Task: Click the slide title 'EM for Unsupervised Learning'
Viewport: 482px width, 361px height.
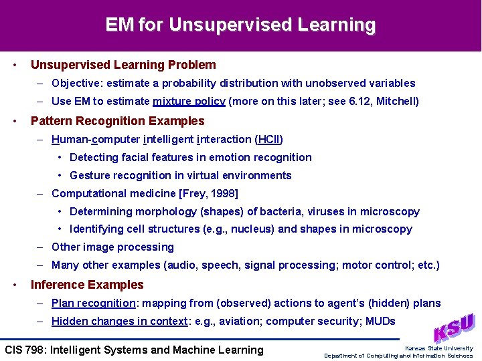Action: point(240,25)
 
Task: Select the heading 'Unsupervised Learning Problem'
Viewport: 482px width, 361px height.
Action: point(123,65)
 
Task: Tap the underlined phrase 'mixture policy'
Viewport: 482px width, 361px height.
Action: point(189,102)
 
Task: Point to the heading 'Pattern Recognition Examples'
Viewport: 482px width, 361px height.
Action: point(117,121)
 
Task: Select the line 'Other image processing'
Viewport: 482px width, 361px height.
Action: point(112,247)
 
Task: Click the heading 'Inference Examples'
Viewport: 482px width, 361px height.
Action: point(87,285)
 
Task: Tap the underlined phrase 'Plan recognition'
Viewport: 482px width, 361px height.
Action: point(94,304)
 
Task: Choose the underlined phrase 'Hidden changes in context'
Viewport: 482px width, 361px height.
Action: point(119,322)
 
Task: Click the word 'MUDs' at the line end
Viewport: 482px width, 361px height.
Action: point(380,322)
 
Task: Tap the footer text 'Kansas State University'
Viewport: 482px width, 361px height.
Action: point(438,348)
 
